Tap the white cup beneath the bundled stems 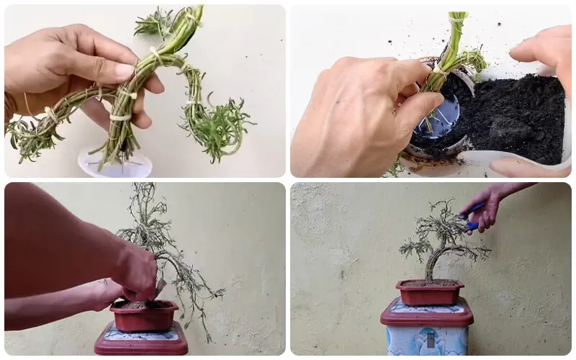click(115, 165)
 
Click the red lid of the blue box click(427, 314)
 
